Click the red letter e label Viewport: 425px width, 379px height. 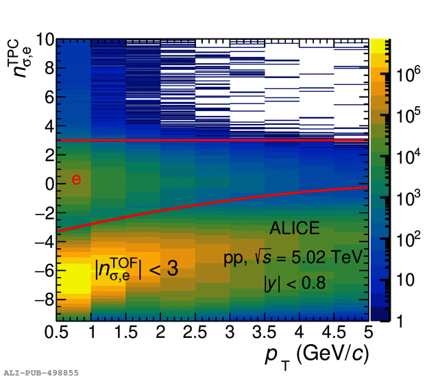pyautogui.click(x=76, y=180)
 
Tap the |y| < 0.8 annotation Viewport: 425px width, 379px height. pyautogui.click(x=295, y=282)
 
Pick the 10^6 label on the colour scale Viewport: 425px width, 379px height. pyautogui.click(x=405, y=77)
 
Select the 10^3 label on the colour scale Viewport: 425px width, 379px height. pyautogui.click(x=405, y=199)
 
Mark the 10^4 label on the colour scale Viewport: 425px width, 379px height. pyautogui.click(x=405, y=158)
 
